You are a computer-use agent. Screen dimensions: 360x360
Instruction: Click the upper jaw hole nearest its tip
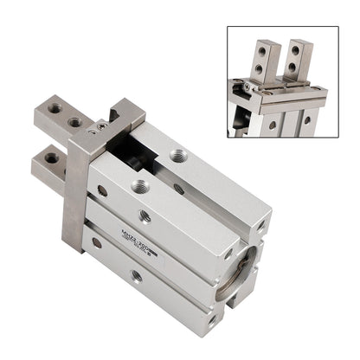pos(55,109)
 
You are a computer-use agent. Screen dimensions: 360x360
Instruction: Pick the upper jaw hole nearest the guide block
pos(75,122)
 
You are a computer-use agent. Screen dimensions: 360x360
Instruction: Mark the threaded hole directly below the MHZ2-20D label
pos(136,275)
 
